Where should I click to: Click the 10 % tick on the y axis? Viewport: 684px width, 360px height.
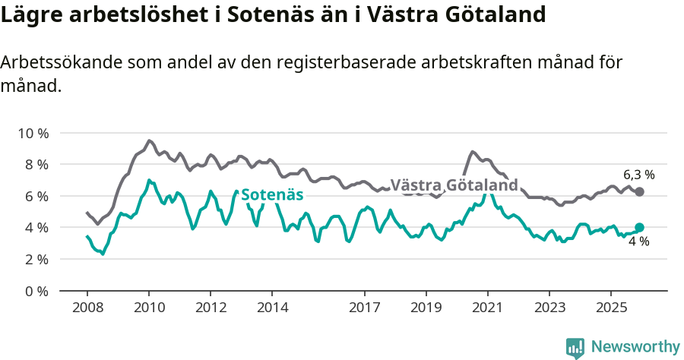point(32,133)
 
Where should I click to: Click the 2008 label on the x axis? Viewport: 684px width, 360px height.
point(87,308)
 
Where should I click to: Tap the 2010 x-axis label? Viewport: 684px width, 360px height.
point(149,308)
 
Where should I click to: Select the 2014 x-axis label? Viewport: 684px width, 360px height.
point(272,308)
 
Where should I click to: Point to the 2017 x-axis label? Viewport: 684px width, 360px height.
point(365,308)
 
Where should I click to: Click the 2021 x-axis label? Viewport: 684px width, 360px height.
point(487,308)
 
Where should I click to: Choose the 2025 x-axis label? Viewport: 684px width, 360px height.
point(610,308)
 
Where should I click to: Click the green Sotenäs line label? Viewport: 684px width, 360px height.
point(272,194)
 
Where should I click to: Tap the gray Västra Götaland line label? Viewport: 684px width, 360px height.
point(454,185)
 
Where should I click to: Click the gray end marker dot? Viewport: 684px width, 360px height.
point(639,191)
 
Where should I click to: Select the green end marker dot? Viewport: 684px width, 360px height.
point(639,227)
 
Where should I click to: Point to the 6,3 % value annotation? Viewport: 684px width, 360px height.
point(638,174)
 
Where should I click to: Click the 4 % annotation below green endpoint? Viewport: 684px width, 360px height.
point(638,242)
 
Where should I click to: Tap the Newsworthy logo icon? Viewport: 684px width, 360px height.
point(575,348)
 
